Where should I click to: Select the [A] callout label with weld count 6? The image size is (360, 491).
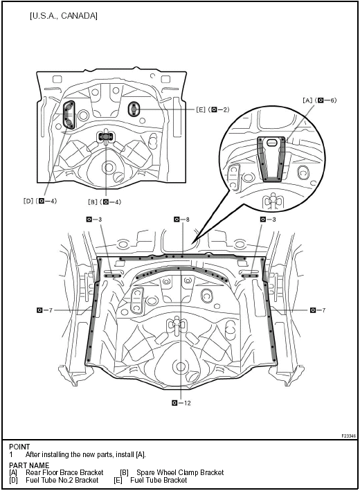pyautogui.click(x=319, y=101)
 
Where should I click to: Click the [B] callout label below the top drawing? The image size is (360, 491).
pyautogui.click(x=105, y=202)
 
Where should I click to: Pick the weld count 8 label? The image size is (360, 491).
pyautogui.click(x=182, y=219)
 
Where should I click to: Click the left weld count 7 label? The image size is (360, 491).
pyautogui.click(x=45, y=310)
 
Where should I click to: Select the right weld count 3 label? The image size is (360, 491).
pyautogui.click(x=267, y=219)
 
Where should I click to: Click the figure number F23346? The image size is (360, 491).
pyautogui.click(x=348, y=436)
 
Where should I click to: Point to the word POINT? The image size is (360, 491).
pyautogui.click(x=19, y=447)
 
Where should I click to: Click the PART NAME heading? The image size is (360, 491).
pyautogui.click(x=28, y=465)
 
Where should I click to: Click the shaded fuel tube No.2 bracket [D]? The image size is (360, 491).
pyautogui.click(x=69, y=115)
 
